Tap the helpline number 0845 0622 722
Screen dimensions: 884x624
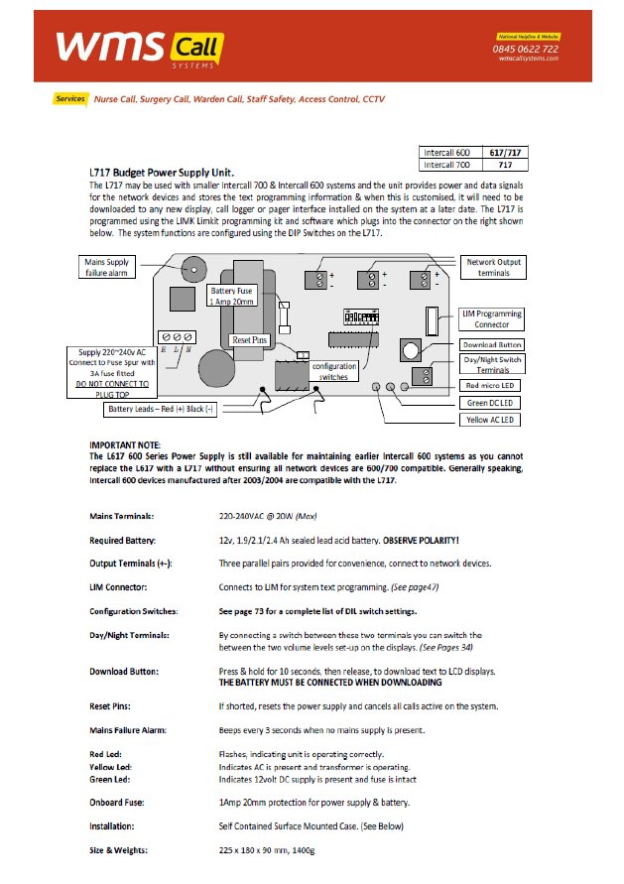(525, 49)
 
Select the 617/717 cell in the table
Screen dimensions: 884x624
(505, 153)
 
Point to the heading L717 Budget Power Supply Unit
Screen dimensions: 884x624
(161, 173)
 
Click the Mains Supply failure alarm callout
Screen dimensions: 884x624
(107, 267)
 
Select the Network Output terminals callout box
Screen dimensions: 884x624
(494, 267)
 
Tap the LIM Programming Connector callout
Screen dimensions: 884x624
(492, 318)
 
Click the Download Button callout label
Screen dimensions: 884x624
(492, 345)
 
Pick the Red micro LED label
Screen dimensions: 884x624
(492, 385)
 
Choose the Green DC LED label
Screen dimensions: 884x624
(492, 402)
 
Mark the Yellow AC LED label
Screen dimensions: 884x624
(492, 420)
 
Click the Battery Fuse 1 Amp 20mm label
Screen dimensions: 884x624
(233, 296)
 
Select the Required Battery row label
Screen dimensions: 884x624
(126, 541)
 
